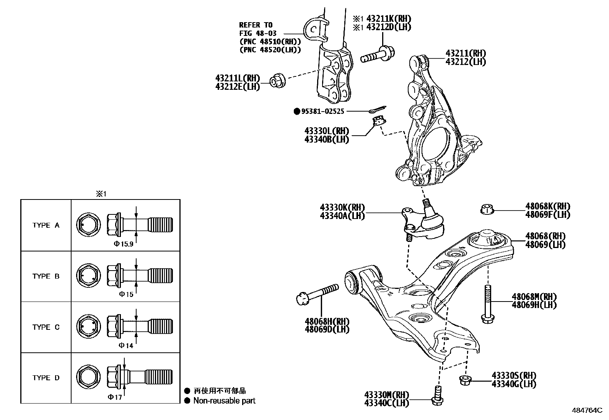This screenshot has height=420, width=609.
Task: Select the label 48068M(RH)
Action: point(534,297)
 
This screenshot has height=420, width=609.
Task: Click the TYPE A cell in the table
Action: point(46,225)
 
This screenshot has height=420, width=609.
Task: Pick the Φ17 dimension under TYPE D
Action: point(115,397)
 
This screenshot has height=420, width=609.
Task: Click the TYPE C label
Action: point(46,327)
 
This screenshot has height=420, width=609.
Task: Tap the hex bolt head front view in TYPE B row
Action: point(88,276)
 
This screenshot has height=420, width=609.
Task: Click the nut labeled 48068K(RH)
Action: point(486,209)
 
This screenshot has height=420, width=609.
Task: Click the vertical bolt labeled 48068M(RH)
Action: point(487,304)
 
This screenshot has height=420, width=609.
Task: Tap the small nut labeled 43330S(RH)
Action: point(464,379)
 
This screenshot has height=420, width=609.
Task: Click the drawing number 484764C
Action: point(587,410)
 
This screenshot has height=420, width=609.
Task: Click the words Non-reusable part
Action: point(224,401)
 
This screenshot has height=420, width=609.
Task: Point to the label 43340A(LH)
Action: point(342,216)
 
